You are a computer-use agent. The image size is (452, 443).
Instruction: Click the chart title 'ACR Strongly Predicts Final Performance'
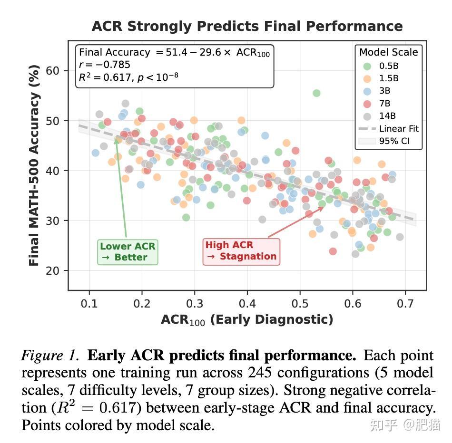click(x=247, y=26)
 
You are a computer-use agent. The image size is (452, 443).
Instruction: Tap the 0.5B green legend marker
click(x=367, y=66)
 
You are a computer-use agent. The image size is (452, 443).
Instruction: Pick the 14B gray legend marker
click(x=367, y=116)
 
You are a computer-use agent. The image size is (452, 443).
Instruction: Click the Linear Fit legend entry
click(x=388, y=128)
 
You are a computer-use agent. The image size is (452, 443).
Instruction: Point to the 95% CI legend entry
click(x=383, y=141)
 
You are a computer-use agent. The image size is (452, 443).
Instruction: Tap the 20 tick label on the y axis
click(x=52, y=271)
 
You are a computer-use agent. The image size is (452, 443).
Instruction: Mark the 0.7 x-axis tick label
click(x=405, y=304)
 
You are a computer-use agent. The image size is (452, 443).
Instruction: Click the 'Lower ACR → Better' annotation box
click(x=128, y=252)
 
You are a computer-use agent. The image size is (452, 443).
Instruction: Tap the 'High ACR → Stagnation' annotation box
click(x=241, y=252)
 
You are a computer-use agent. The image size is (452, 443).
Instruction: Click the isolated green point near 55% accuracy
click(x=316, y=93)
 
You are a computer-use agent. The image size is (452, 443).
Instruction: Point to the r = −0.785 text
click(x=105, y=65)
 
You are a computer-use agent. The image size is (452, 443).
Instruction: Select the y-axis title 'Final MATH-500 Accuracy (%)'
click(x=34, y=165)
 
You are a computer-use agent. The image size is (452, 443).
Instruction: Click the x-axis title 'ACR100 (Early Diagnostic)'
click(x=247, y=320)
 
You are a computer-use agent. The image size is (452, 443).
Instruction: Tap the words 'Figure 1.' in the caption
click(x=50, y=356)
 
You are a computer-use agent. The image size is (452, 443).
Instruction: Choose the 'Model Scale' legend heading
click(x=389, y=52)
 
